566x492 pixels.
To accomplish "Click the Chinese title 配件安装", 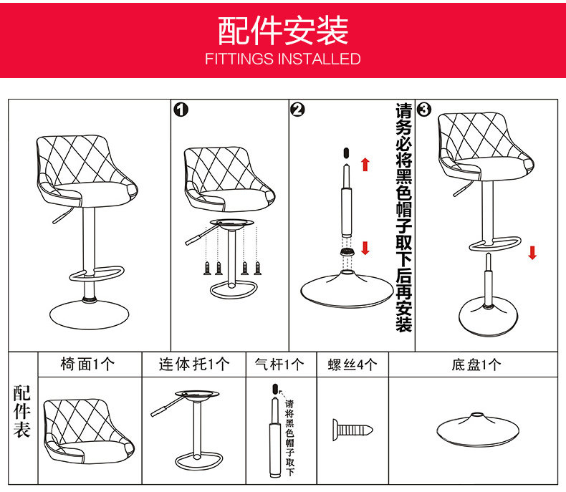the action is click(283, 30).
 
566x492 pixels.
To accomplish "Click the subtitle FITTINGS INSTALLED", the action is click(283, 59).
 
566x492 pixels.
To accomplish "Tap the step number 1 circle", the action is click(181, 109).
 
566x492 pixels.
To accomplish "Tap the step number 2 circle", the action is click(298, 109).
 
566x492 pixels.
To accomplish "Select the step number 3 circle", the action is click(424, 109).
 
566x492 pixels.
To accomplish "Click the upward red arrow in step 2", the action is click(365, 164).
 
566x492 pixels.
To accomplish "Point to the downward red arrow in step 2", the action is click(365, 249).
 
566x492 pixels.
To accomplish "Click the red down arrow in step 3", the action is click(532, 252).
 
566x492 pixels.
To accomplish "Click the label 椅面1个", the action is click(87, 365).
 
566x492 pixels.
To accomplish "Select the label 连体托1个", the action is click(194, 365).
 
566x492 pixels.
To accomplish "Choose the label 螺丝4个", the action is click(352, 365).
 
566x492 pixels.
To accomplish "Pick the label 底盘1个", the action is click(476, 365).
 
